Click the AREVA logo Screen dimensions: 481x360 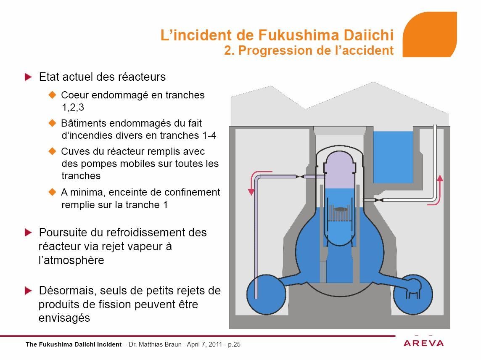[x=423, y=343]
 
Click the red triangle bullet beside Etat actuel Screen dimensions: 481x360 [x=28, y=77]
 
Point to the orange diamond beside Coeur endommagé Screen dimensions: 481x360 [x=53, y=95]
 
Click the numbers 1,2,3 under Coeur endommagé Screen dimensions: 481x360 [x=73, y=107]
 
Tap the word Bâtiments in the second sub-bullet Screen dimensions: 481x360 [x=83, y=123]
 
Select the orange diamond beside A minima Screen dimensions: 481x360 [x=53, y=192]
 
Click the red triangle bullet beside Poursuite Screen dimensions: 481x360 [x=28, y=232]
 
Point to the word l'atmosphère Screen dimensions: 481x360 [x=71, y=260]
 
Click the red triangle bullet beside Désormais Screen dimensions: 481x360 [x=28, y=290]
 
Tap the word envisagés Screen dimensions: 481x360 [x=64, y=318]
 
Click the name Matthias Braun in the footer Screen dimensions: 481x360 [x=160, y=344]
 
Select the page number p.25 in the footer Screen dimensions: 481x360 [x=234, y=344]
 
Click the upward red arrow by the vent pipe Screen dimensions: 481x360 [x=438, y=190]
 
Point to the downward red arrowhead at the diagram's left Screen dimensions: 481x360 [x=251, y=192]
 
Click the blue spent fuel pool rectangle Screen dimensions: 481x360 [x=393, y=157]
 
